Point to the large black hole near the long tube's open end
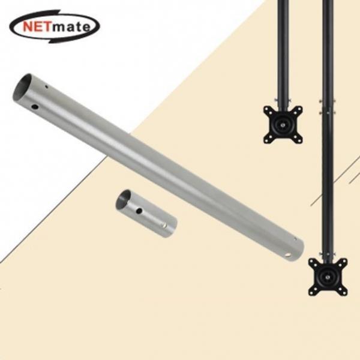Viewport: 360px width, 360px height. pyautogui.click(x=35, y=107)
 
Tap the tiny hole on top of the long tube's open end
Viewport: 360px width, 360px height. pyautogui.click(x=46, y=87)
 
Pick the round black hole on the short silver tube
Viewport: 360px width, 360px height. pyautogui.click(x=139, y=210)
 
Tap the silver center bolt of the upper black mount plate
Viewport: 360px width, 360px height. pyautogui.click(x=283, y=125)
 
